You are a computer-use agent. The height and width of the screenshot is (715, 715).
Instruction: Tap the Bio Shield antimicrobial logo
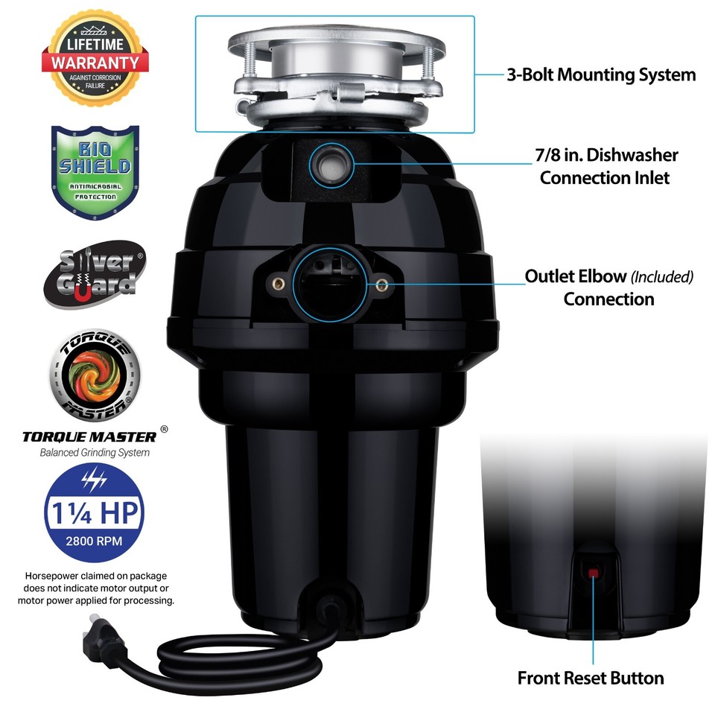point(95,164)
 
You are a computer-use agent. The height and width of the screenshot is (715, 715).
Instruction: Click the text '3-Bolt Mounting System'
point(601,74)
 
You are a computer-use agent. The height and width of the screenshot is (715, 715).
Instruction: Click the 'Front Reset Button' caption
point(591,678)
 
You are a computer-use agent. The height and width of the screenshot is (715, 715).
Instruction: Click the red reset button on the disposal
point(594,573)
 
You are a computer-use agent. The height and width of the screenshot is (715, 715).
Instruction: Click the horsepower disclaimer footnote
point(99,588)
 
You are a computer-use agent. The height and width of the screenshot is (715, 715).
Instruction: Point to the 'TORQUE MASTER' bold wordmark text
point(89,436)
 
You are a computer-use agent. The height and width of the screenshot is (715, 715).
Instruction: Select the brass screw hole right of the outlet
point(381,284)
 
